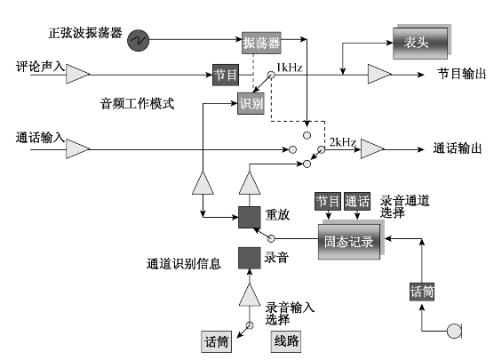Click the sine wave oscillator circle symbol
click(x=138, y=40)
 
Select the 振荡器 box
click(x=261, y=43)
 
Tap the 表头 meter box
click(x=420, y=43)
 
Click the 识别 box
click(x=251, y=103)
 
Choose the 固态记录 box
click(x=349, y=241)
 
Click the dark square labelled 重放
click(x=250, y=217)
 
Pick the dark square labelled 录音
click(x=250, y=258)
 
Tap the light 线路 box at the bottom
click(x=286, y=341)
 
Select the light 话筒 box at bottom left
click(x=217, y=341)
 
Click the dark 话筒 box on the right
click(x=422, y=292)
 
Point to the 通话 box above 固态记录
click(x=357, y=202)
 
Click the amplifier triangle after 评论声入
click(x=78, y=74)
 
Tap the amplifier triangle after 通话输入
click(x=78, y=149)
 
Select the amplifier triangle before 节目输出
click(x=379, y=74)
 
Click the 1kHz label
click(x=290, y=68)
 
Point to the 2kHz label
click(x=343, y=142)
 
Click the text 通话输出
click(x=458, y=148)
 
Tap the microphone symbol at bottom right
click(x=454, y=331)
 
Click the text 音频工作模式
click(x=137, y=103)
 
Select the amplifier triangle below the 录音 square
click(x=250, y=294)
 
